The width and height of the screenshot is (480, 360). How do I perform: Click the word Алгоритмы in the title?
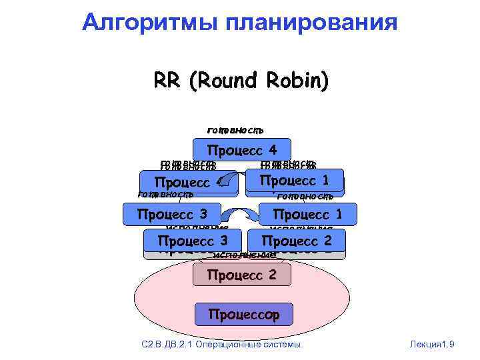153,22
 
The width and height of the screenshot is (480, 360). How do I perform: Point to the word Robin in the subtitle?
298,81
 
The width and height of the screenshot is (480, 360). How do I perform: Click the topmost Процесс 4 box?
241,149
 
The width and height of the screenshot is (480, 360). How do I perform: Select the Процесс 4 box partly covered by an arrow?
187,183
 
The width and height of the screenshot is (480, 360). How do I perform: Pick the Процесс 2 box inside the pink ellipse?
241,274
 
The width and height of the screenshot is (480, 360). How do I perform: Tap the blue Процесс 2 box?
296,240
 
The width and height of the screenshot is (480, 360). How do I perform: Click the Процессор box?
243,313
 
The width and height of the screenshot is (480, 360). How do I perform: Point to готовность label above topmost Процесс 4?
236,129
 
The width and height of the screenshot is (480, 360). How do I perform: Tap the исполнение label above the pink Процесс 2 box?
243,255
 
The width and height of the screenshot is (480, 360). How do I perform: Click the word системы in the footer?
285,344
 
